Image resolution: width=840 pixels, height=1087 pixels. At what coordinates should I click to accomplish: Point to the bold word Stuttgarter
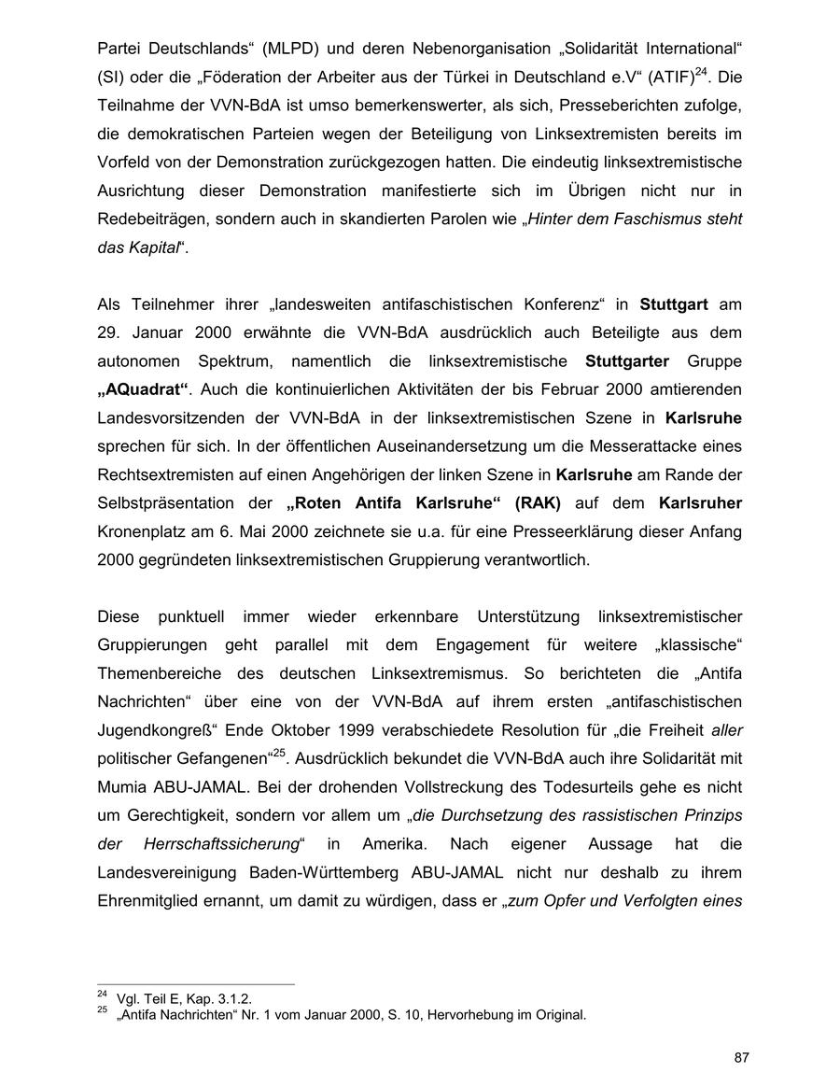coord(626,360)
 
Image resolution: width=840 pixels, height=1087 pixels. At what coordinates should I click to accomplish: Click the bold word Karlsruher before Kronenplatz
coord(700,503)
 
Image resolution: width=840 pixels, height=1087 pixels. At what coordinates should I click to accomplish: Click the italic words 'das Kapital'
coord(136,248)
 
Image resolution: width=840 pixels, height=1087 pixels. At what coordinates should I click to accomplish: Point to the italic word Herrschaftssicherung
coord(220,844)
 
